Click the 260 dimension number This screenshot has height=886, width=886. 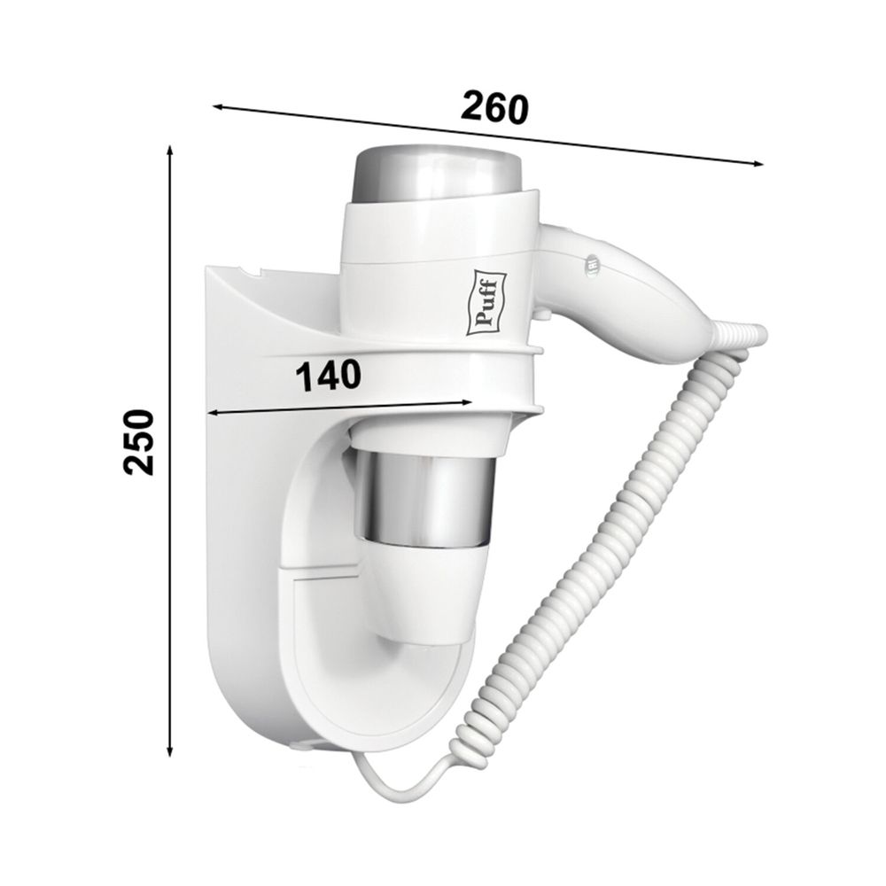pos(494,108)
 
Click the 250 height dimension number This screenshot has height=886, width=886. pos(139,442)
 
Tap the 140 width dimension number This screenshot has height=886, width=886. pos(329,376)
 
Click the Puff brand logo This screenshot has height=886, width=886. pos(486,302)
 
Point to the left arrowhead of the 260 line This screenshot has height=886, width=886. pos(218,106)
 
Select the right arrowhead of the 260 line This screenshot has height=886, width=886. pos(758,163)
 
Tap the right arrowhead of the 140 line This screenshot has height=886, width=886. pos(466,402)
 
